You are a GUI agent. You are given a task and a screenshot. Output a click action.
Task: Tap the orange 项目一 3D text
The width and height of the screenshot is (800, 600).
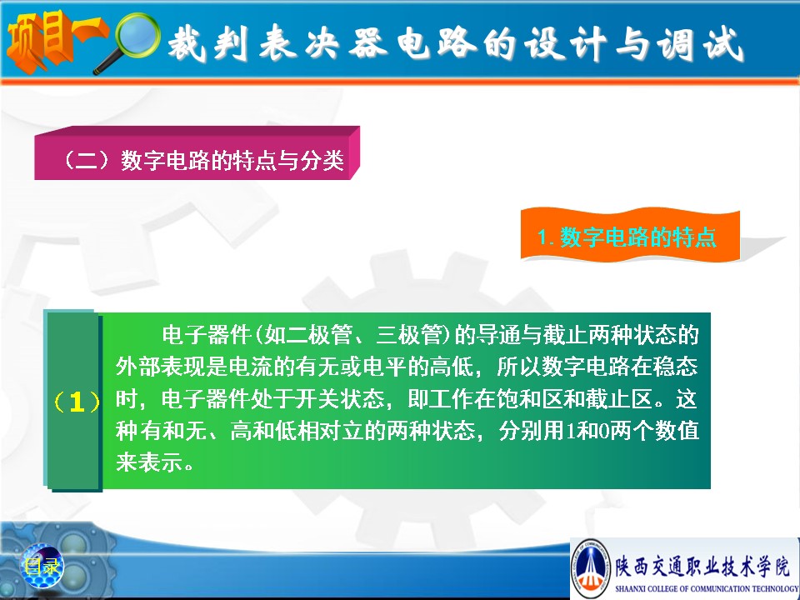(53, 40)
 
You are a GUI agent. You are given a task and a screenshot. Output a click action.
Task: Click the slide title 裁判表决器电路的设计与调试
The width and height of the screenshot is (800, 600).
(455, 44)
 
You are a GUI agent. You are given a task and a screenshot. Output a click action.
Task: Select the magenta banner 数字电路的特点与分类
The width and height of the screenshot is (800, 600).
(197, 153)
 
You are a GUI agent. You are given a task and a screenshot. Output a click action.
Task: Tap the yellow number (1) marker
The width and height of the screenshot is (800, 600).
(77, 402)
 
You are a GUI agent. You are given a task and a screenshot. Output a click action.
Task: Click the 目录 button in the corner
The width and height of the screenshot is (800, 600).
(42, 566)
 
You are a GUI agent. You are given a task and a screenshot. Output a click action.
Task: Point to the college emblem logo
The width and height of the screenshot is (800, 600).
(590, 567)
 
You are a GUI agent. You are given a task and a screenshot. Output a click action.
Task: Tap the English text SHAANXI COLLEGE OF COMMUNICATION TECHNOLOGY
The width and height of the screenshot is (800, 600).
(707, 588)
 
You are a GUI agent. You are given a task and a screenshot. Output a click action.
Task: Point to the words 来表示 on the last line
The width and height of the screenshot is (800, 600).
(149, 462)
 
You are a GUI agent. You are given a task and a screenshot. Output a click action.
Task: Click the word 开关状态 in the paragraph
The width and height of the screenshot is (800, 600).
(341, 399)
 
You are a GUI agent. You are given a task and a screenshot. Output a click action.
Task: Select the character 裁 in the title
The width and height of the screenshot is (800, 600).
(186, 44)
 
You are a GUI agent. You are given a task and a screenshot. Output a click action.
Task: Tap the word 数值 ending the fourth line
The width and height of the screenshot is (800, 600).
(677, 431)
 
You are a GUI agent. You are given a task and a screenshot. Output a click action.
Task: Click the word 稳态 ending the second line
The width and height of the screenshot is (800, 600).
(676, 367)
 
